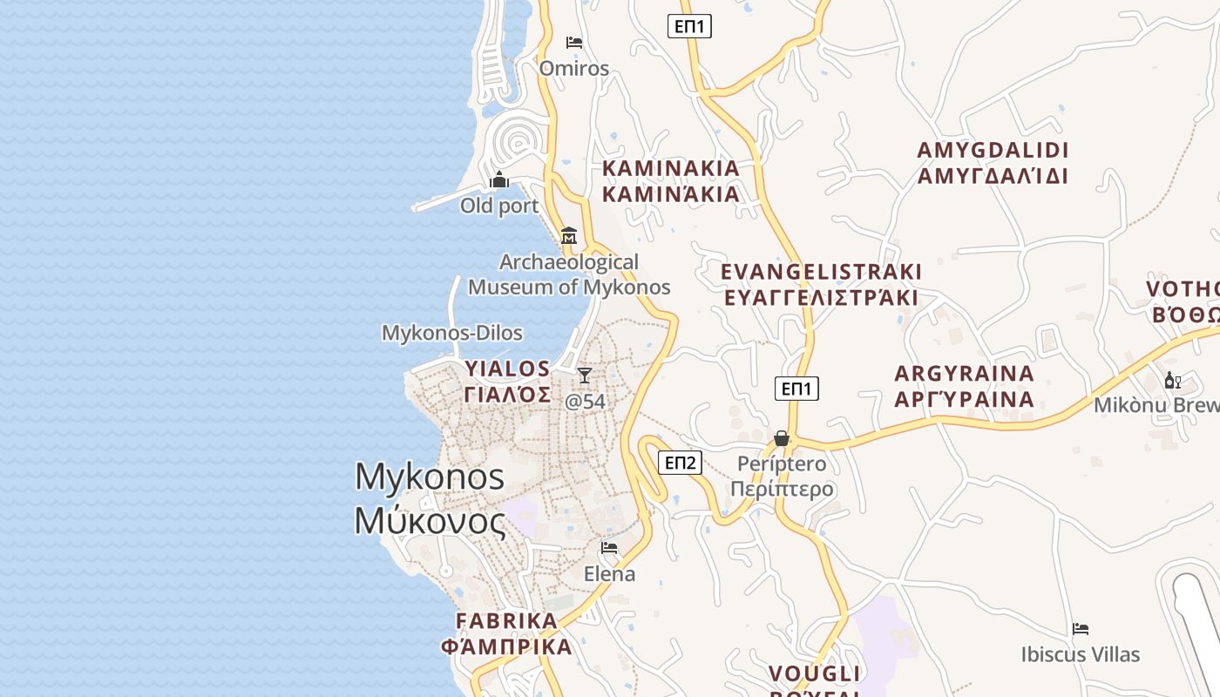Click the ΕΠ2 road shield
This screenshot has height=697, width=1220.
pyautogui.click(x=680, y=462)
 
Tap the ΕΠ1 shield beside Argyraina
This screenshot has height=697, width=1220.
pyautogui.click(x=796, y=389)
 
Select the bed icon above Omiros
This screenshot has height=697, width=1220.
pyautogui.click(x=574, y=42)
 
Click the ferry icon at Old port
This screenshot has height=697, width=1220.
pyautogui.click(x=499, y=180)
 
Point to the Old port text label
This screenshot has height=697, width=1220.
pyautogui.click(x=499, y=206)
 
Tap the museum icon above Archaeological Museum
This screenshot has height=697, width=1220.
pyautogui.click(x=569, y=235)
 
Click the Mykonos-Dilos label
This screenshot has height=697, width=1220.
pyautogui.click(x=452, y=333)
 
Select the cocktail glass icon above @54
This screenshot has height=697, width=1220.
pyautogui.click(x=585, y=375)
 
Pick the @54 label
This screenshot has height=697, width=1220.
pyautogui.click(x=585, y=402)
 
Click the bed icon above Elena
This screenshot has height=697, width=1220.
pyautogui.click(x=609, y=548)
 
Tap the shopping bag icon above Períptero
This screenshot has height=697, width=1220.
pyautogui.click(x=782, y=437)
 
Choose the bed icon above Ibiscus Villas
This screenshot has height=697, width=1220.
pyautogui.click(x=1081, y=628)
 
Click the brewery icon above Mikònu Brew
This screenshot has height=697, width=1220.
pyautogui.click(x=1172, y=380)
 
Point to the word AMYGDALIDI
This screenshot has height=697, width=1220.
pyautogui.click(x=993, y=150)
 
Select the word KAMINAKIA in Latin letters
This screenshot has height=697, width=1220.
pyautogui.click(x=671, y=167)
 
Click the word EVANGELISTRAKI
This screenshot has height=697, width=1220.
pyautogui.click(x=821, y=272)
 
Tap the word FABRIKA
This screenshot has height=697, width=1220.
pyautogui.click(x=506, y=620)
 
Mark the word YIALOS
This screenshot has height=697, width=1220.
pyautogui.click(x=507, y=369)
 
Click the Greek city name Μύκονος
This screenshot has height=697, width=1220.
pyautogui.click(x=430, y=521)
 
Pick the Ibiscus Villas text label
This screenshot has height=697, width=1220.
pyautogui.click(x=1081, y=654)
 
